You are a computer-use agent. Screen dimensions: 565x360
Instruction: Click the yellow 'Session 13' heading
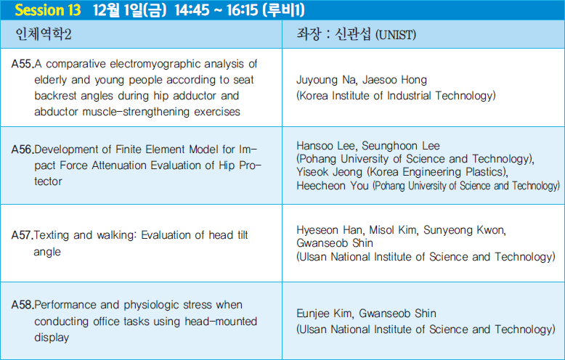[47, 10]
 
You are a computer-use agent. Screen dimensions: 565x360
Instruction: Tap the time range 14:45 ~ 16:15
[216, 10]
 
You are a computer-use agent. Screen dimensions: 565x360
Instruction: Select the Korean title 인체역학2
[44, 34]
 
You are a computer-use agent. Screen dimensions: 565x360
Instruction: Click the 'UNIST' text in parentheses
[396, 35]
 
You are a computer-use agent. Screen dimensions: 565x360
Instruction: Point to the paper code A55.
[23, 64]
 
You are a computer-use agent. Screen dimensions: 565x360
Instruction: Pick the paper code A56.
[23, 149]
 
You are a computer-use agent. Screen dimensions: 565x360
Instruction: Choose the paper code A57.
[22, 235]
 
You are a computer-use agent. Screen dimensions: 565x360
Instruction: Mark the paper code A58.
[23, 305]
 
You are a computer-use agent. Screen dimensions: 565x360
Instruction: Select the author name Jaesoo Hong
[394, 80]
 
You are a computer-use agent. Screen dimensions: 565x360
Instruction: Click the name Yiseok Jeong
[330, 172]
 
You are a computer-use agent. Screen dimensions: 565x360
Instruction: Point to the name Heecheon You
[332, 185]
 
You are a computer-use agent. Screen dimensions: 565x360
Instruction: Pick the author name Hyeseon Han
[330, 230]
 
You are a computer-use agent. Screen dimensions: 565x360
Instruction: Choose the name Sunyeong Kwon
[465, 230]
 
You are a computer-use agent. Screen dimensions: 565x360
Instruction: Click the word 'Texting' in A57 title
[51, 235]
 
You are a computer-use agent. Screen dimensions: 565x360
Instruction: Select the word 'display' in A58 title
[52, 337]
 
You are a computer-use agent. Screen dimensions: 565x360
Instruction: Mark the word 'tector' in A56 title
[48, 181]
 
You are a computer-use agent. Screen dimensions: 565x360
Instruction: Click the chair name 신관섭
[353, 34]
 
